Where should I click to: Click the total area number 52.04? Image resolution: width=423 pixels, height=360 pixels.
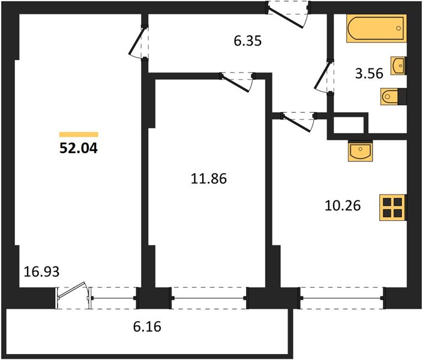79,148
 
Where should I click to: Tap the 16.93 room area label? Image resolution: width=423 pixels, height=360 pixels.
41,271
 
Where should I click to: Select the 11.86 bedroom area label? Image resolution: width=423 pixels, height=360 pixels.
209,179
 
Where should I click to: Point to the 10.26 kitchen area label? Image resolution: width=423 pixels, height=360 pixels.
343,206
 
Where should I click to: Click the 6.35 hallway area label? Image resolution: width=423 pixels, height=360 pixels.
248,41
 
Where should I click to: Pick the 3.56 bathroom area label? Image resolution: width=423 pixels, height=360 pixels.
369,73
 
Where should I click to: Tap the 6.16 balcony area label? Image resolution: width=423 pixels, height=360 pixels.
147,326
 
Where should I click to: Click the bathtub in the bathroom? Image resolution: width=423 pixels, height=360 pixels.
377,28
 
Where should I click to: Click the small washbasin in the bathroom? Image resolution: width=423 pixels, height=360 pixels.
398,65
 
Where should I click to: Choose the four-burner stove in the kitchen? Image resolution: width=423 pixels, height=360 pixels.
392,208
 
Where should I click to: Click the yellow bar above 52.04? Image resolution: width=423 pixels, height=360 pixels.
79,134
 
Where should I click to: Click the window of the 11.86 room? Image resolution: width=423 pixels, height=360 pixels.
209,298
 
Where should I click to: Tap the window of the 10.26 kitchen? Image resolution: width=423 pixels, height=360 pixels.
342,298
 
